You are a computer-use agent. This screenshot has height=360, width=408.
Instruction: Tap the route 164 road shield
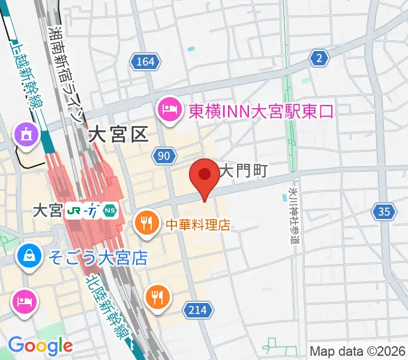pyautogui.click(x=146, y=62)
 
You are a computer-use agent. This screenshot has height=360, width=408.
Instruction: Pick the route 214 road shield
pyautogui.click(x=200, y=310)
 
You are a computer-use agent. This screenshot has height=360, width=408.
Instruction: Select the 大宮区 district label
pyautogui.click(x=118, y=134)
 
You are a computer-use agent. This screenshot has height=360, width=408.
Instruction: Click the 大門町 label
pyautogui.click(x=243, y=171)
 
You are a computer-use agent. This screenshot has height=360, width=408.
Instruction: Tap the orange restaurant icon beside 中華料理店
pyautogui.click(x=146, y=223)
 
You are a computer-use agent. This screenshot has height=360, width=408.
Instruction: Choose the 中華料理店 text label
pyautogui.click(x=198, y=226)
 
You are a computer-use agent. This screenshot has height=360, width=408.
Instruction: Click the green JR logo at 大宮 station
pyautogui.click(x=75, y=211)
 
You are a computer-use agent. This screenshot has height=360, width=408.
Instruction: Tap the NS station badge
pyautogui.click(x=110, y=211)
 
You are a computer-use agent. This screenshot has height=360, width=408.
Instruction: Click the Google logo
pyautogui.click(x=40, y=346)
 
